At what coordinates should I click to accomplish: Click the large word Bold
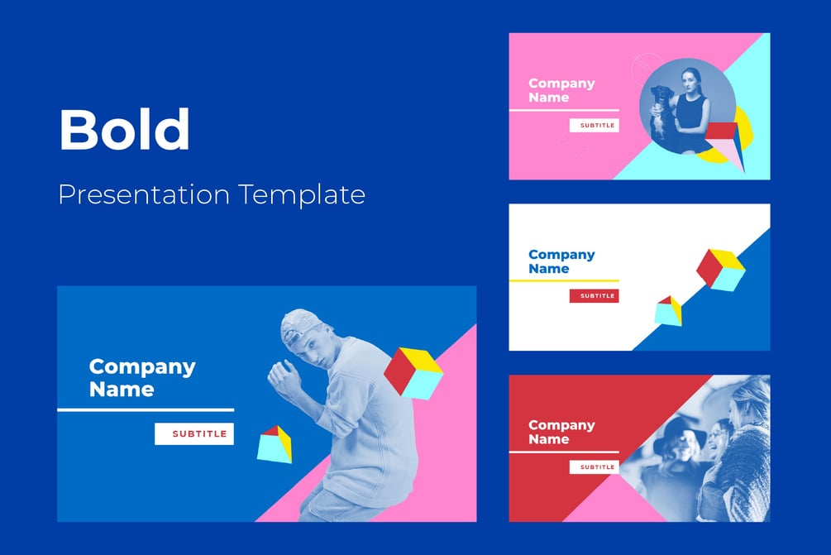click(x=124, y=129)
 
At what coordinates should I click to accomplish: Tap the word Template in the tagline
click(x=302, y=194)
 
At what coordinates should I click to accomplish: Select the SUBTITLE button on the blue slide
click(x=194, y=433)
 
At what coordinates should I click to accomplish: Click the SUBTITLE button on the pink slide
click(x=595, y=126)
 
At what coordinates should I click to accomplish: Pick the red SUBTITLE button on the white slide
click(x=595, y=296)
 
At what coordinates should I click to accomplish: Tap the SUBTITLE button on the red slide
click(x=595, y=467)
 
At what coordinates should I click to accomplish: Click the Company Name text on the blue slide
click(x=142, y=378)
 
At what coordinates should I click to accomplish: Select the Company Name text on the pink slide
click(x=561, y=90)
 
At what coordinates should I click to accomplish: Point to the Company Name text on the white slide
click(x=561, y=261)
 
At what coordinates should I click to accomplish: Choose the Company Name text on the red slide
click(x=561, y=432)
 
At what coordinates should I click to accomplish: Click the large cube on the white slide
click(x=720, y=270)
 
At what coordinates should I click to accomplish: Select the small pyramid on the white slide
click(x=668, y=311)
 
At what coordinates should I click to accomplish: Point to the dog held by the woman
click(x=661, y=109)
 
